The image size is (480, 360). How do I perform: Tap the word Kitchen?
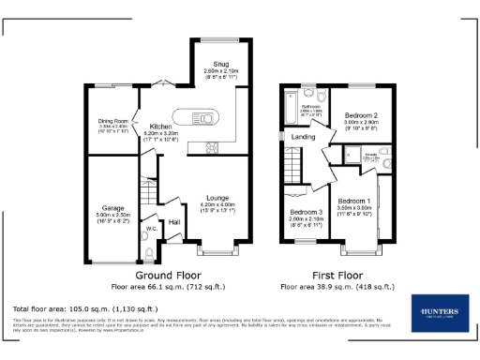(160, 126)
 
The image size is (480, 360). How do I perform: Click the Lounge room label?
(218, 198)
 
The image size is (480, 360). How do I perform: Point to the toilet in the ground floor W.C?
(150, 250)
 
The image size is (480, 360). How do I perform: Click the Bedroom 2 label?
(360, 115)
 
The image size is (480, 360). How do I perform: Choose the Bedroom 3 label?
(306, 213)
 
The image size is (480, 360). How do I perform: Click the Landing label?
(303, 137)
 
